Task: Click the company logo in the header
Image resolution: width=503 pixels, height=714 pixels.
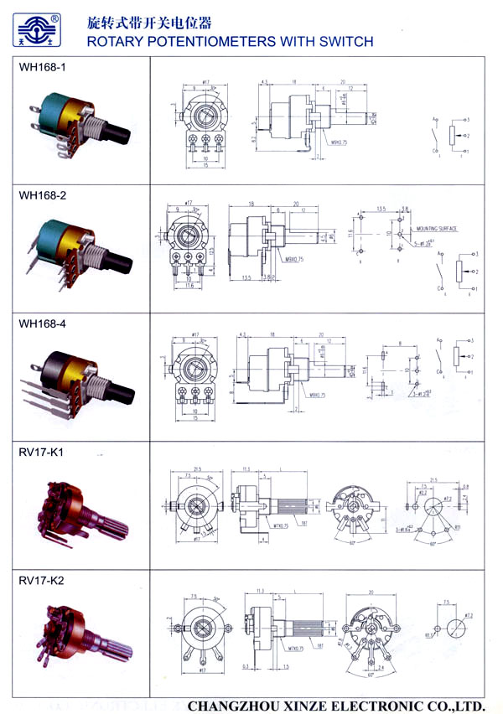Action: tap(39, 30)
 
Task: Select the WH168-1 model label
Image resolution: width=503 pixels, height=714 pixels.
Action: tap(42, 70)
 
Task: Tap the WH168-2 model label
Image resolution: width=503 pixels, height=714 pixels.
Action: tap(43, 195)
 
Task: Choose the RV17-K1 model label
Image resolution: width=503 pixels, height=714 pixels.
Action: tap(39, 453)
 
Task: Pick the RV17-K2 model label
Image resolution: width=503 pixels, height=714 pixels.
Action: tap(39, 579)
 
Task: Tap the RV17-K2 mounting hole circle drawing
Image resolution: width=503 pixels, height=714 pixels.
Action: tap(459, 629)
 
